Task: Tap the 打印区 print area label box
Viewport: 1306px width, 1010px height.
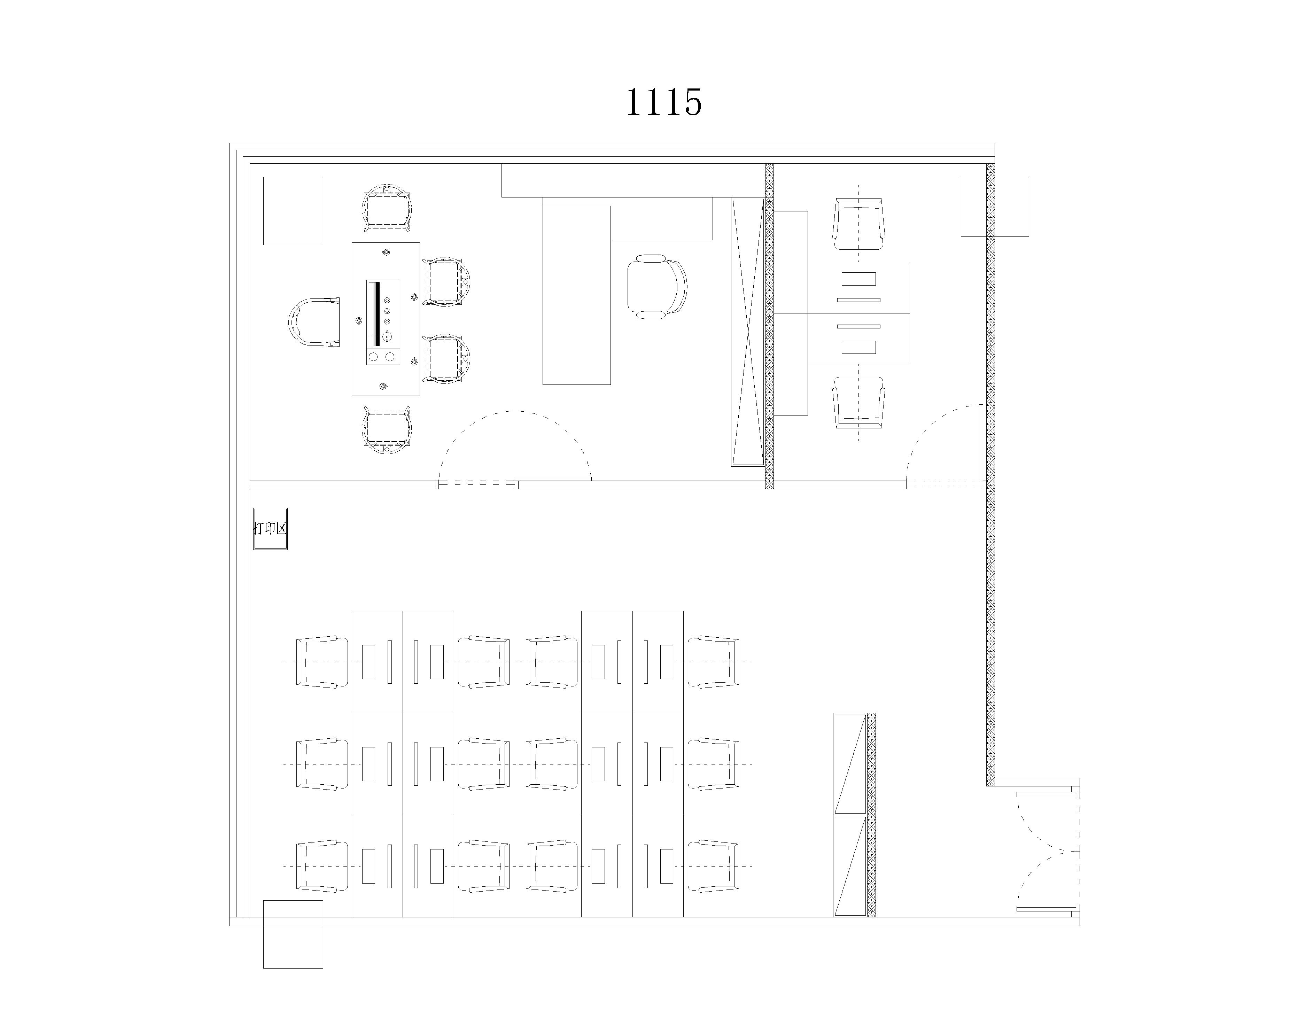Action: [x=270, y=529]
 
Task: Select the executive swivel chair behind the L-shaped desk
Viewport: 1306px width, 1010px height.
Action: [x=656, y=286]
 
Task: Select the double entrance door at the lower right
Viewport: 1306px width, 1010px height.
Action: [x=1048, y=852]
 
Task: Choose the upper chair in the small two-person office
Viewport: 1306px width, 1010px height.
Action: [x=859, y=224]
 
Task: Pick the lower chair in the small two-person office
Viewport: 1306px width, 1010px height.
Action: [x=859, y=403]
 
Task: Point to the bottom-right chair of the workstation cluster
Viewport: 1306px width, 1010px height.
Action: [x=713, y=867]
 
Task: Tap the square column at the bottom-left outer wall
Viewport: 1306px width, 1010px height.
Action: [x=293, y=934]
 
